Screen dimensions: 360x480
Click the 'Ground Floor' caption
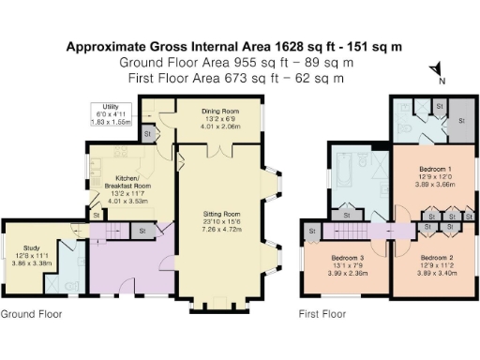coord(31,314)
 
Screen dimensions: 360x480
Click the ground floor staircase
coord(113,231)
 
